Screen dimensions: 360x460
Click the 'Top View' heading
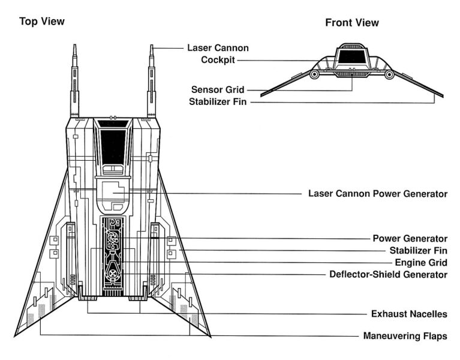(x=41, y=22)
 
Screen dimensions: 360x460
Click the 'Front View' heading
(x=352, y=23)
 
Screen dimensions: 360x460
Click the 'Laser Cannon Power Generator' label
(x=378, y=194)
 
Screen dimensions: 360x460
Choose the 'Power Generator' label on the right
(x=410, y=238)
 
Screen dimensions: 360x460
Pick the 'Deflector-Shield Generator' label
(x=389, y=274)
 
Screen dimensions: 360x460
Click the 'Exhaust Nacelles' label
(x=409, y=313)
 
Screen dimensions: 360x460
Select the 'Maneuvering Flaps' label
(x=405, y=336)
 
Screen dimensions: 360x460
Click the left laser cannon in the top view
(x=75, y=81)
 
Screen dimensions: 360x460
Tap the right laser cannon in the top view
(x=152, y=81)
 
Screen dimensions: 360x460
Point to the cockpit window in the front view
(x=351, y=56)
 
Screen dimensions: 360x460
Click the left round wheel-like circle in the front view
(x=314, y=74)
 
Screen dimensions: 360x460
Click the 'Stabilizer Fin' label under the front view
(x=218, y=101)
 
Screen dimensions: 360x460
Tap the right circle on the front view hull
(x=389, y=74)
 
